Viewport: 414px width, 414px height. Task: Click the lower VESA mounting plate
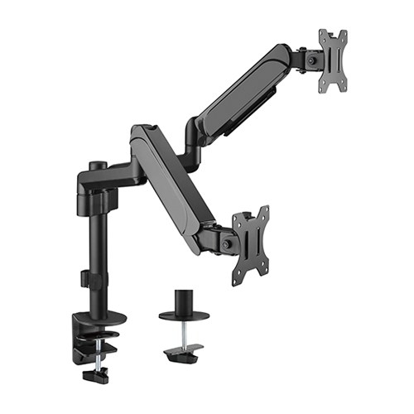[x=251, y=236]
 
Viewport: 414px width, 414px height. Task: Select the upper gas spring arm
[x=240, y=87]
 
